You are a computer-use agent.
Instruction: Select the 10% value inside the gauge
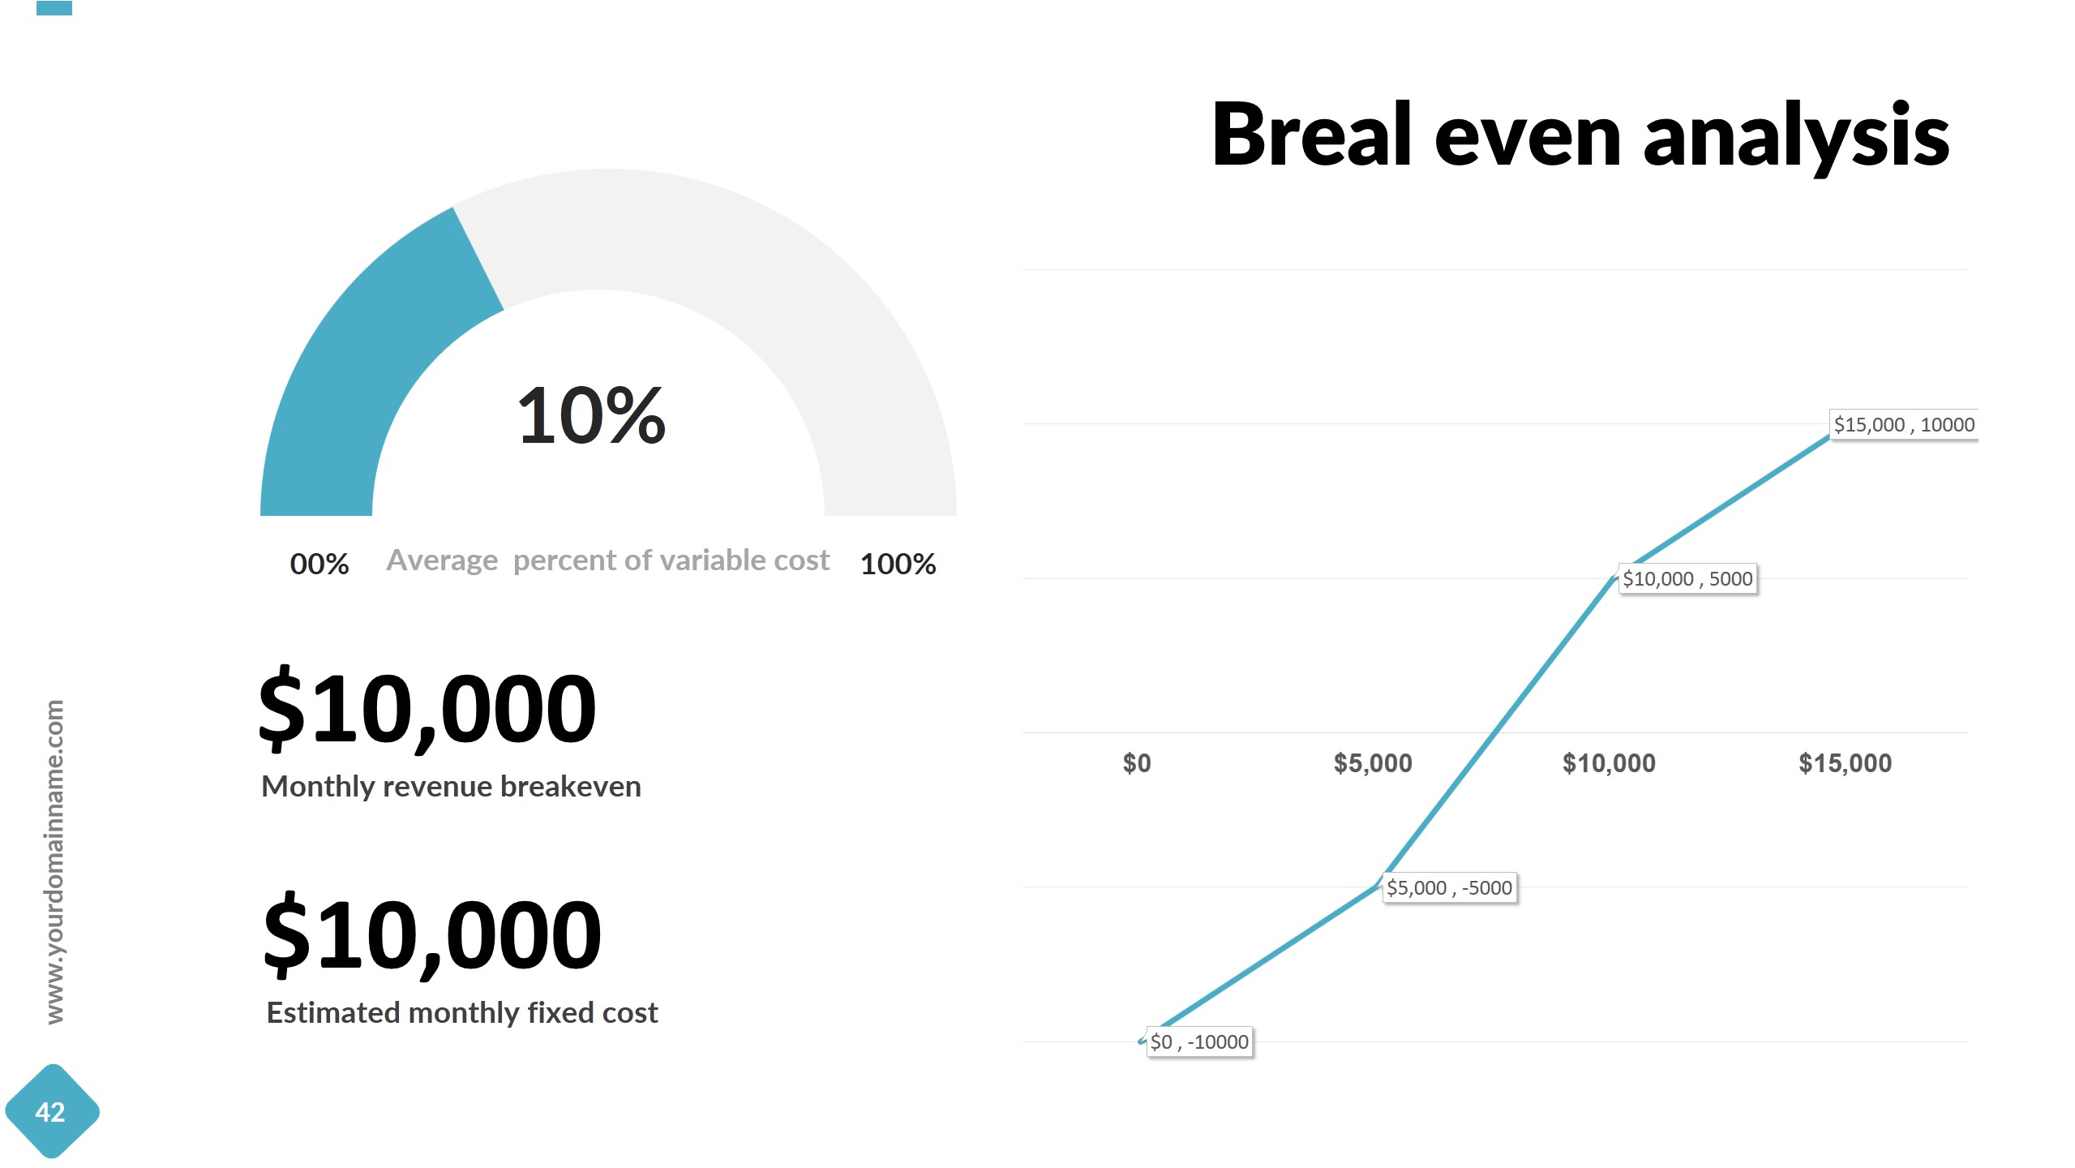pos(591,415)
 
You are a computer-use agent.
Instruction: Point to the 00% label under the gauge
pos(319,564)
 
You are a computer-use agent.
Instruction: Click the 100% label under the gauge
pos(898,564)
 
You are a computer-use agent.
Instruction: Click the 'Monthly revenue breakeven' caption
pos(451,787)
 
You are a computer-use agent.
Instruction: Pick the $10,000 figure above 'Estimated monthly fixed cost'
pos(432,935)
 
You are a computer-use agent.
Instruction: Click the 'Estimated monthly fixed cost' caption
pos(462,1013)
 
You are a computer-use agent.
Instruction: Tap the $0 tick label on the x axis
pos(1137,763)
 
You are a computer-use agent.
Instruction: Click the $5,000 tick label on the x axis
pos(1373,763)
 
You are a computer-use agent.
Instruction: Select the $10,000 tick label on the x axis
pos(1609,763)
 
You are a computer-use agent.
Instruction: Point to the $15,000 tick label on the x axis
pos(1845,763)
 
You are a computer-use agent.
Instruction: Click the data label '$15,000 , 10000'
pos(1904,425)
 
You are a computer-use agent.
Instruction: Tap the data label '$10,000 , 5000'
pos(1687,579)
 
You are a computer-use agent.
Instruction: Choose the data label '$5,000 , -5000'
pos(1449,888)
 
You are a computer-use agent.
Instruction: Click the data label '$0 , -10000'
pos(1199,1042)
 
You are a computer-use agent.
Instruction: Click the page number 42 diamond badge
pos(51,1112)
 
